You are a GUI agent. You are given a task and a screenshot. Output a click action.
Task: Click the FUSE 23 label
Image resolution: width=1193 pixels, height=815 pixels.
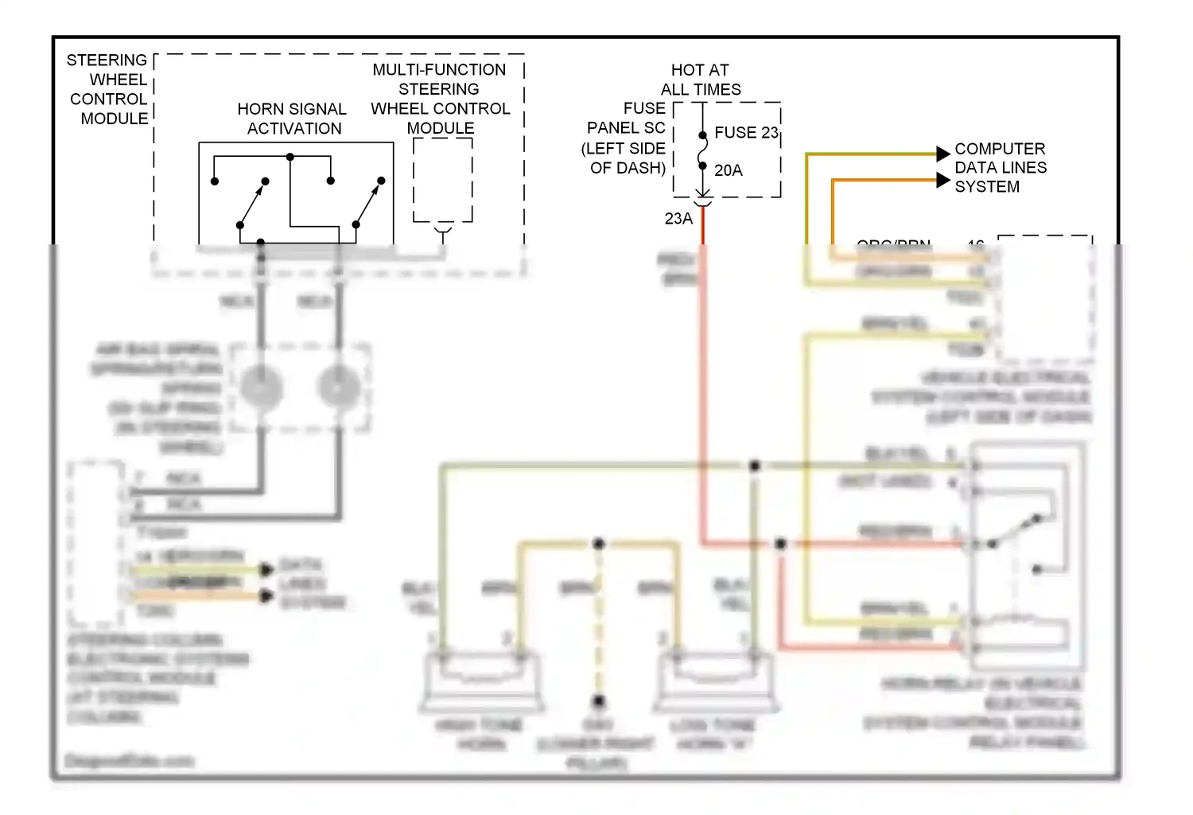coord(745,133)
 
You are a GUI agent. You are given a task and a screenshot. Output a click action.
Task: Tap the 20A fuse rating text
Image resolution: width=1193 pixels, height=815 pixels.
coord(728,170)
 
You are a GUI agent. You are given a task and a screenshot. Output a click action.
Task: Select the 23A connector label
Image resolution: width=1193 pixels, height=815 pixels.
coord(678,218)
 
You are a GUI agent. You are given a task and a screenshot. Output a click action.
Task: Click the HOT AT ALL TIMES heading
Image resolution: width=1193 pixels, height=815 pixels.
coord(700,80)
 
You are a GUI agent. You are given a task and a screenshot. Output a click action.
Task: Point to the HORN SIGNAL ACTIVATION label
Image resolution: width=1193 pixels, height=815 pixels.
coord(293,119)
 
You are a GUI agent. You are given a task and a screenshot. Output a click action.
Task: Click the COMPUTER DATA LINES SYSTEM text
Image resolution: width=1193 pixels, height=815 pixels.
coord(1000,168)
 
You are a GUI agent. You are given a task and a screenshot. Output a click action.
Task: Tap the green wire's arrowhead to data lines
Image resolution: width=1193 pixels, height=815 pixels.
coord(943,153)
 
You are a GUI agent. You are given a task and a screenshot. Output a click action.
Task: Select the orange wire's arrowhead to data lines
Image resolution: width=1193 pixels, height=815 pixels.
coord(943,181)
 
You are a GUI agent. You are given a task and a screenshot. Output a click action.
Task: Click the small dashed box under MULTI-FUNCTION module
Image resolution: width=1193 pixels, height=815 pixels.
coord(443,181)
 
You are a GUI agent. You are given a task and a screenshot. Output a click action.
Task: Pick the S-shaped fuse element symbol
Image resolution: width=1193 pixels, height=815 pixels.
coord(702,151)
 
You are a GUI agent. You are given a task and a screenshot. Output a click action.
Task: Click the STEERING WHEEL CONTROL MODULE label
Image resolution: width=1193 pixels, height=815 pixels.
coord(108,89)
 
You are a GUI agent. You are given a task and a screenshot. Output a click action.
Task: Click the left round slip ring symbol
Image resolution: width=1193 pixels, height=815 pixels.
coord(261,388)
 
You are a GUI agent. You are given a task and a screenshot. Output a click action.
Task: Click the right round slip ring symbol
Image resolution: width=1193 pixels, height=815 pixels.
coord(339,388)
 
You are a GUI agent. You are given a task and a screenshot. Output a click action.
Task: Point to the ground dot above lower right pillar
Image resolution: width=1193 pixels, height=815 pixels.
coord(598,701)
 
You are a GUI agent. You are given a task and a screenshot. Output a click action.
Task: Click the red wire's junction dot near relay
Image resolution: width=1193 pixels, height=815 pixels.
coord(780,544)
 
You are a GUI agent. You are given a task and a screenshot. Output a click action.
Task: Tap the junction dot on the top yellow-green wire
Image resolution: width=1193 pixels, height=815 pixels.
coord(754,466)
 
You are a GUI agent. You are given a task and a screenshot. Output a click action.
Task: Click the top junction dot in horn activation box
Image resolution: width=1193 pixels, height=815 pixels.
coord(290,158)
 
